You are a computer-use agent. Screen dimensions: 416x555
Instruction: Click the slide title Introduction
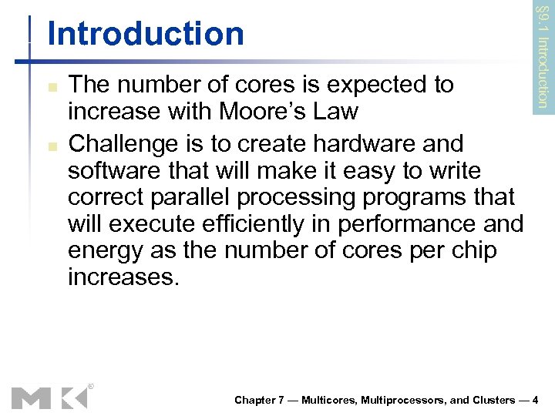click(145, 34)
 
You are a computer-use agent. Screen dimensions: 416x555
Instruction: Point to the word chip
click(473, 251)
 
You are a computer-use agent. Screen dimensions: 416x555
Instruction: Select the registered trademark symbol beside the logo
click(91, 385)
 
